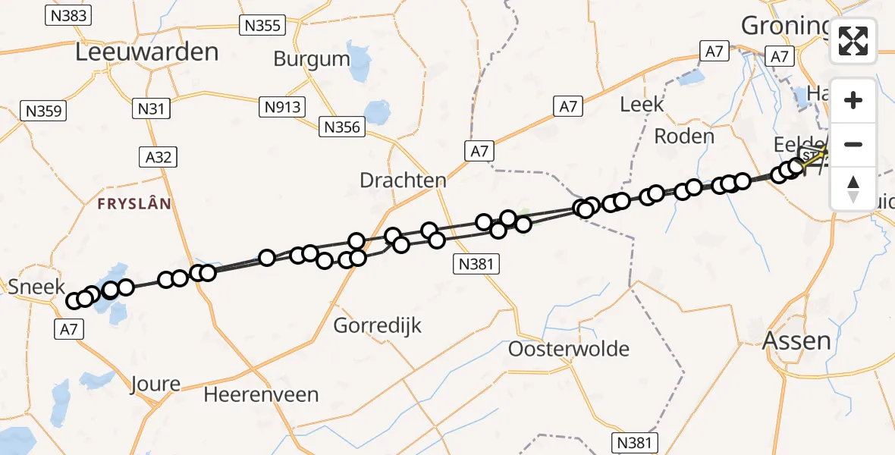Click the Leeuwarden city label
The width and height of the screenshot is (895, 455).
point(147,52)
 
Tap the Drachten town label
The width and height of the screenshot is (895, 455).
point(403,180)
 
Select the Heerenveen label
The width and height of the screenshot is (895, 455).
point(261,394)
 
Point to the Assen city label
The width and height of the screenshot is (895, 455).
point(796,340)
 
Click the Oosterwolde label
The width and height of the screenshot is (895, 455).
point(569,349)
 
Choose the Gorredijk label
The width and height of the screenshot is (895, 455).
point(378,326)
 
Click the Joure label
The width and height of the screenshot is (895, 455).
point(155,383)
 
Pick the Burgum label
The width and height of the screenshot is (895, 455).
point(312,58)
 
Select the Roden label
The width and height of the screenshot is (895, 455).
point(684,136)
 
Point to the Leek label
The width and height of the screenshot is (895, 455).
point(642,105)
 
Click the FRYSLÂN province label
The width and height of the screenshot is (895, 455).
point(133,204)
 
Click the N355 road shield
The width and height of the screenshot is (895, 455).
point(262,26)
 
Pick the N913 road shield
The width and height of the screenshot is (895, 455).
point(283,107)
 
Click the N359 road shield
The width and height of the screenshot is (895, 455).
point(44,111)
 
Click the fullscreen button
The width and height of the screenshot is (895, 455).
point(853,41)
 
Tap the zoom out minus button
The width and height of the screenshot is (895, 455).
point(853,144)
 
